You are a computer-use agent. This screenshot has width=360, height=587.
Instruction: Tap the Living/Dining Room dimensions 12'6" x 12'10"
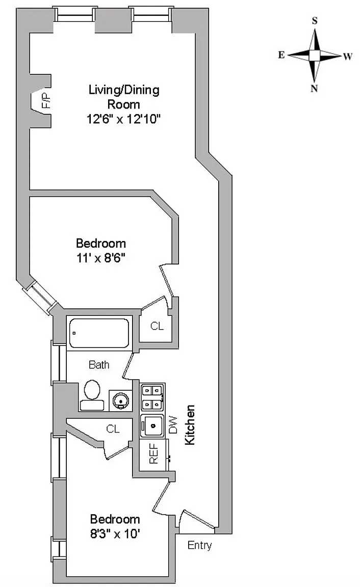pyautogui.click(x=123, y=119)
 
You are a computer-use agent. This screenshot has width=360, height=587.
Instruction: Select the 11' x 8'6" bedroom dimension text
pyautogui.click(x=101, y=258)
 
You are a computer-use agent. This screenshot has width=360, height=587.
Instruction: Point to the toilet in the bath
pyautogui.click(x=92, y=395)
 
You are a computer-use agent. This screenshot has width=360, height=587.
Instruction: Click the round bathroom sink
pyautogui.click(x=121, y=401)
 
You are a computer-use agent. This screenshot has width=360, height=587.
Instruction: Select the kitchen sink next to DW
pyautogui.click(x=152, y=425)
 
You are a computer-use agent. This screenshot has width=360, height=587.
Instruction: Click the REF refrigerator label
pyautogui.click(x=153, y=453)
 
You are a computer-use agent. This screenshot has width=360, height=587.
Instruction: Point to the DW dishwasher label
pyautogui.click(x=173, y=424)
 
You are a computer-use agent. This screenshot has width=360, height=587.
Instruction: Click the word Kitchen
pyautogui.click(x=190, y=424)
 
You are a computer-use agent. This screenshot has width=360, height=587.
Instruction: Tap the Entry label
pyautogui.click(x=200, y=545)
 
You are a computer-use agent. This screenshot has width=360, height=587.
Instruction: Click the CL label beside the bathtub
pyautogui.click(x=157, y=326)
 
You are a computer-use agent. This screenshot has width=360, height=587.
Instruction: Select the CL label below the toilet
pyautogui.click(x=113, y=429)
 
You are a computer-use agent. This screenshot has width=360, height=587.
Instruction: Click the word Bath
pyautogui.click(x=99, y=365)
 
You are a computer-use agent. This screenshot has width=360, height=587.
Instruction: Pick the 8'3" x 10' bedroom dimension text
pyautogui.click(x=115, y=533)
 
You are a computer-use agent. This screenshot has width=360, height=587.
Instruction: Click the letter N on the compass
pyautogui.click(x=314, y=88)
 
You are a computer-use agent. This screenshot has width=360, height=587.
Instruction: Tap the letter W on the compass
pyautogui.click(x=348, y=57)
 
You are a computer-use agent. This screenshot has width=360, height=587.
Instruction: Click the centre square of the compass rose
pyautogui.click(x=315, y=56)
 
